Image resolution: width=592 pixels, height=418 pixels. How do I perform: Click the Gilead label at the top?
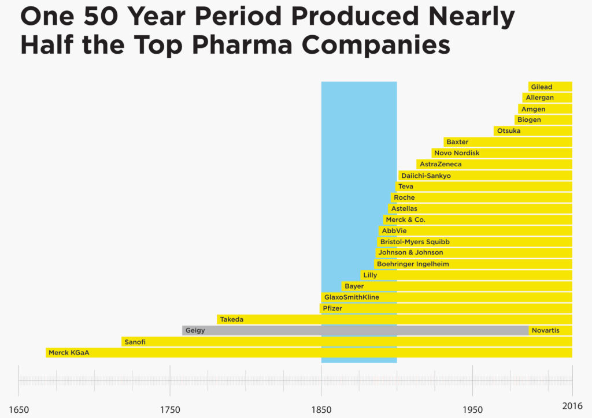pos(541,87)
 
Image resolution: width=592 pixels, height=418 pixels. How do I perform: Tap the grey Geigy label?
pos(195,331)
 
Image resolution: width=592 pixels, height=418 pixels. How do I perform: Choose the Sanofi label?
pos(135,342)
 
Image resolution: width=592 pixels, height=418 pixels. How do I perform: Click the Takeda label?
pos(231,319)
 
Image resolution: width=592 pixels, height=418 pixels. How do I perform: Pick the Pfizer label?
pos(332,308)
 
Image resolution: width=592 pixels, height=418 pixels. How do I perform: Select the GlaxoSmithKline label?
pos(351,297)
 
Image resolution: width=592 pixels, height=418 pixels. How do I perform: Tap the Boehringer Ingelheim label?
pos(412,264)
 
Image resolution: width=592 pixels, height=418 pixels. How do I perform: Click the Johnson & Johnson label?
pos(410,253)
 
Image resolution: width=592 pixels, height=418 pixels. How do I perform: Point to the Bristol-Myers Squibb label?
pos(415,242)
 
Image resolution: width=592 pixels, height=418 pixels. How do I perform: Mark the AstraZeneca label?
pos(441,165)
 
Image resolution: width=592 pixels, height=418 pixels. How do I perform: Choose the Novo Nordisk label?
pos(457,153)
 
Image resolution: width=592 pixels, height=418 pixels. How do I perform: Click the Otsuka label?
pos(508,131)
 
